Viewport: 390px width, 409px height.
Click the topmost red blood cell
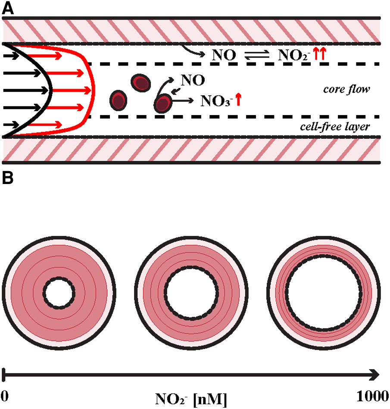[x=141, y=82]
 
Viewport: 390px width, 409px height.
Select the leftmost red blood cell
[x=119, y=99]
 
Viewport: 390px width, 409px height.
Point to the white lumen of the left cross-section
[x=58, y=292]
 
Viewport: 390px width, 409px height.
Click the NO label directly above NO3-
[x=192, y=80]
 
